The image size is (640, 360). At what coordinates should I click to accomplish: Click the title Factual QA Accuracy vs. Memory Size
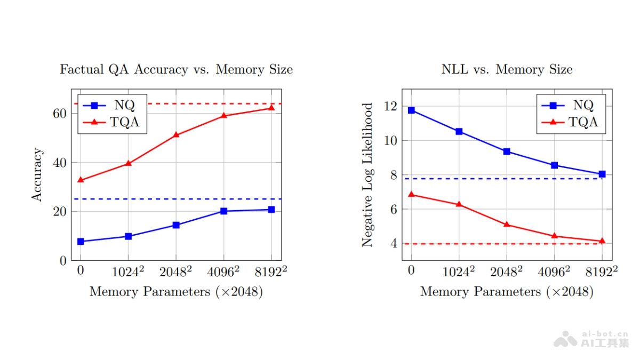click(176, 69)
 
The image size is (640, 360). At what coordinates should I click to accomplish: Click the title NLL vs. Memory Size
click(507, 69)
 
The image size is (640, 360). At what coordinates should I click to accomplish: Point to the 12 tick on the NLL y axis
click(390, 106)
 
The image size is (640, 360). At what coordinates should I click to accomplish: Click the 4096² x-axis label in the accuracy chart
click(223, 271)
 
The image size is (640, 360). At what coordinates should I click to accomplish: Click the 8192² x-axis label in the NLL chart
click(602, 271)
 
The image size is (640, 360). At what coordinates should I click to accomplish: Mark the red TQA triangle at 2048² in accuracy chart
click(176, 134)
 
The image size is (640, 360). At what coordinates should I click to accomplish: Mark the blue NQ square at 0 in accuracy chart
click(81, 242)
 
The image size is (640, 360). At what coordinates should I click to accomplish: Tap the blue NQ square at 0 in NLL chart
click(411, 110)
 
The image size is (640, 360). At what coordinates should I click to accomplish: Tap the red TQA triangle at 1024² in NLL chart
click(459, 204)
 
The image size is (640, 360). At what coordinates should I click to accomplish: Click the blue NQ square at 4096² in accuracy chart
click(223, 211)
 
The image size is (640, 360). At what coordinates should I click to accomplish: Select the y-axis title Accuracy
click(37, 175)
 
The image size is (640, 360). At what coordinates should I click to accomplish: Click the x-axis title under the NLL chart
click(507, 292)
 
